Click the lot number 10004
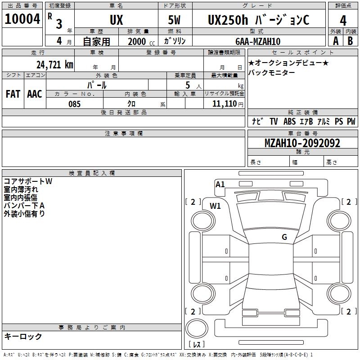[x=22, y=19]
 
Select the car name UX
[x=116, y=20]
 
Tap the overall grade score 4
[x=343, y=21]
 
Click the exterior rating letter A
[x=336, y=41]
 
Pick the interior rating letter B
[x=350, y=41]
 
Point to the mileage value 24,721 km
[x=55, y=65]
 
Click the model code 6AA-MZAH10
[x=258, y=41]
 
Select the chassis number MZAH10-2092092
[x=302, y=143]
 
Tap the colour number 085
[x=74, y=104]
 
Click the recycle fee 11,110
[x=224, y=104]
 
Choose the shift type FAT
[x=13, y=94]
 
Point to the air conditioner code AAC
[x=35, y=94]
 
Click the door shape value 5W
[x=174, y=20]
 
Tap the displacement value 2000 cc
[x=141, y=41]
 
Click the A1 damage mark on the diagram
[x=220, y=184]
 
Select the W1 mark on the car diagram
[x=215, y=206]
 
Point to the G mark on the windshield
[x=284, y=237]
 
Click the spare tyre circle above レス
[x=197, y=328]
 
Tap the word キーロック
[x=23, y=337]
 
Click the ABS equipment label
[x=289, y=121]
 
